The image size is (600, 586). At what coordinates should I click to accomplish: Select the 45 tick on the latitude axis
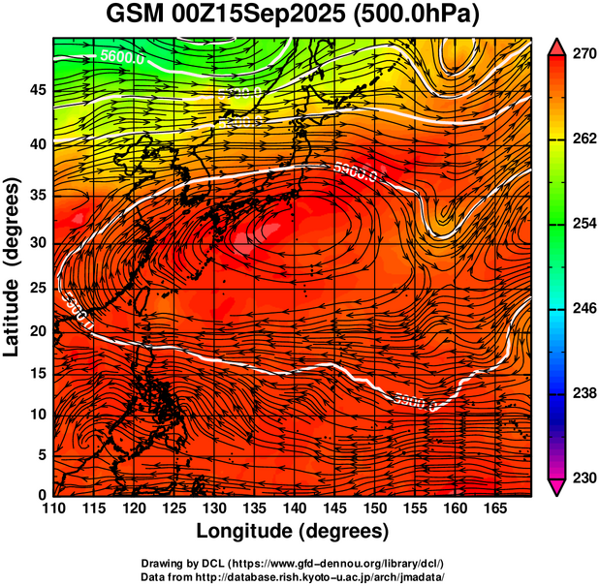click(38, 90)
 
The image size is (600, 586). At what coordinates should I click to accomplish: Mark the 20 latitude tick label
click(38, 330)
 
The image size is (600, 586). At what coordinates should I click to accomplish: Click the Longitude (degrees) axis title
click(293, 531)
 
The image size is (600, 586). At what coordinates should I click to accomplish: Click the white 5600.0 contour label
click(122, 57)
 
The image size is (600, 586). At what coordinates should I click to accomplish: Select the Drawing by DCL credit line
click(293, 563)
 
